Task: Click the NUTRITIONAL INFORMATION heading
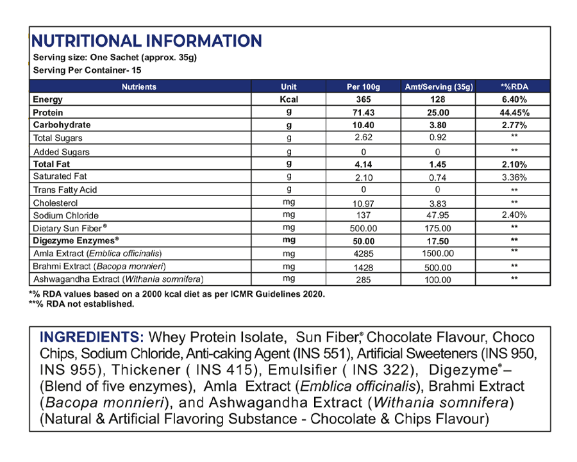coord(146,42)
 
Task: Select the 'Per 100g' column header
coord(364,87)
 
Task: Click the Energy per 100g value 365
coord(364,99)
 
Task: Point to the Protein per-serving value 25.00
coord(439,112)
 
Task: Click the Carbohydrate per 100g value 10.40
coord(364,125)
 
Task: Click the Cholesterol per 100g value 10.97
coord(364,202)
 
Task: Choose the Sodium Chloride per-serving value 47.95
coord(439,215)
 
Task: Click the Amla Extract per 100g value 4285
coord(364,254)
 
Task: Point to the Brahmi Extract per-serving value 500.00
coord(439,267)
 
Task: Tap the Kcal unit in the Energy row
coord(289,99)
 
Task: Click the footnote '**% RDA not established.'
coord(81,304)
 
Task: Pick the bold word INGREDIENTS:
coord(92,337)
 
